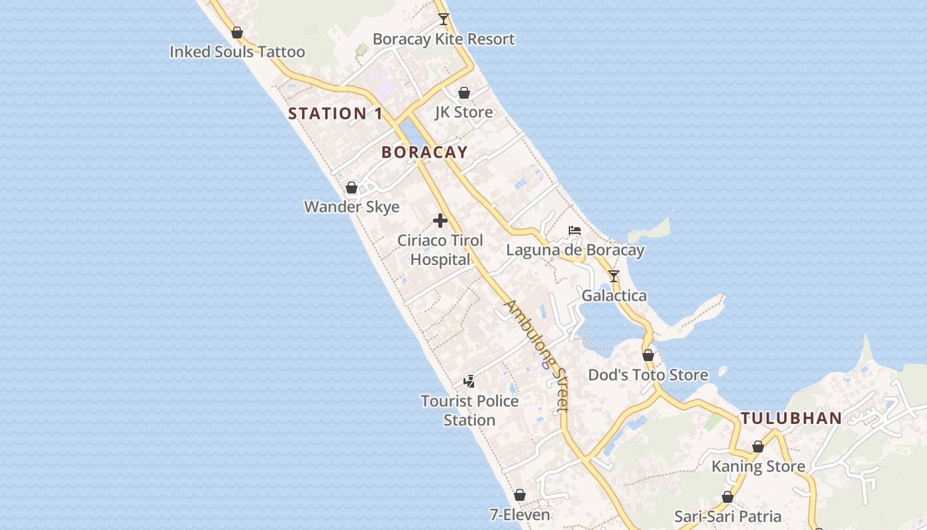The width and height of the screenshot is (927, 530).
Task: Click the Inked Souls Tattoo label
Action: (x=237, y=52)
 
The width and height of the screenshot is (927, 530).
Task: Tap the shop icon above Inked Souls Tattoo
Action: (x=237, y=32)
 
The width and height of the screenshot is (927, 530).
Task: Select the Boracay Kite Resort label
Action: (x=443, y=39)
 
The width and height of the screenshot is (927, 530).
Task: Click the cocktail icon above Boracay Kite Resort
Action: (x=444, y=19)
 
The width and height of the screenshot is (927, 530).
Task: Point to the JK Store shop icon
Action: (x=464, y=93)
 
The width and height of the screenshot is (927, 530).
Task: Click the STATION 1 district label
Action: (x=335, y=113)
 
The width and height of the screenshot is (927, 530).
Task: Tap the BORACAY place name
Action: (x=424, y=152)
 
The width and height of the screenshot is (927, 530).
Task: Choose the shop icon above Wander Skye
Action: (x=352, y=187)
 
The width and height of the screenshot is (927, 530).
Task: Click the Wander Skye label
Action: (x=352, y=207)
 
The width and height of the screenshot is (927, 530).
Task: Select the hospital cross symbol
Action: (x=440, y=221)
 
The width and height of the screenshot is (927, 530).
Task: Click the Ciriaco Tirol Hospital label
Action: (x=440, y=250)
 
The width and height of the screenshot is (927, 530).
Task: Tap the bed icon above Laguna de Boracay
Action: (x=575, y=231)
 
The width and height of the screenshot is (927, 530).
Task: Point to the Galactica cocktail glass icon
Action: (x=614, y=276)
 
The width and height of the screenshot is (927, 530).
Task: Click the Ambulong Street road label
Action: (x=537, y=355)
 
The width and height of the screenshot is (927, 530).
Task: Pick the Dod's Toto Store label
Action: (x=648, y=375)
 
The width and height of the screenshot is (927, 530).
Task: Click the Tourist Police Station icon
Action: (x=469, y=381)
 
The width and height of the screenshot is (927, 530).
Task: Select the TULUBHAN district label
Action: (x=791, y=418)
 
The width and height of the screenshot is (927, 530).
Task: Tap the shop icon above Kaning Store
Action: (x=758, y=447)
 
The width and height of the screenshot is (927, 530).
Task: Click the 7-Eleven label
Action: (x=520, y=515)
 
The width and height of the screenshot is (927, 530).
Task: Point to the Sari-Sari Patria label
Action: (x=728, y=516)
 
